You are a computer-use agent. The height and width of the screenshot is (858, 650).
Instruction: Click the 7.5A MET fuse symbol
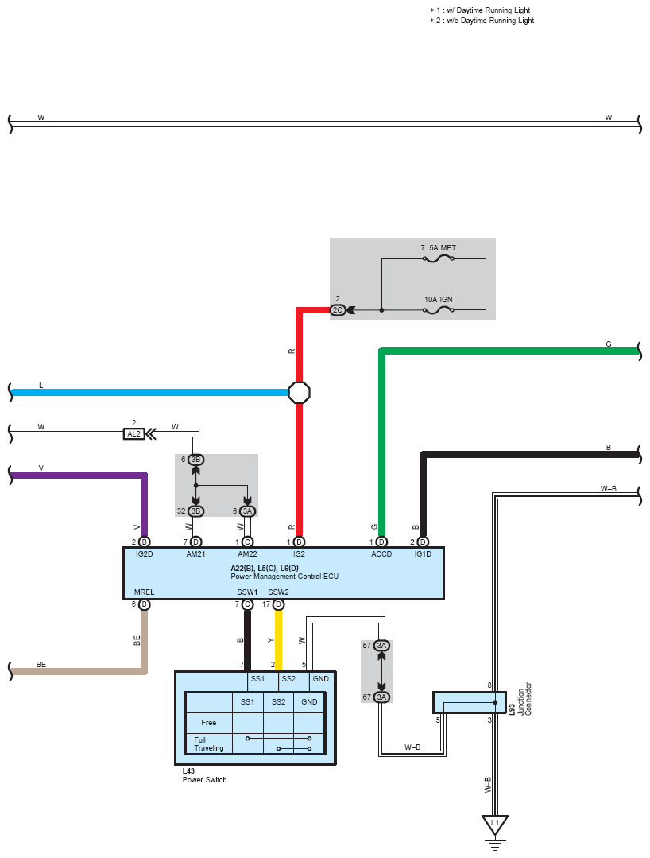(439, 258)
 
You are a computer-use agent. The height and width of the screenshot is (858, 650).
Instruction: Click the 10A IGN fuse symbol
(439, 309)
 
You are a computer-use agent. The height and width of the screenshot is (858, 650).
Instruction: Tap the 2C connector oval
(338, 309)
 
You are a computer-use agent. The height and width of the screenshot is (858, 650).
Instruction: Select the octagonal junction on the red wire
(299, 392)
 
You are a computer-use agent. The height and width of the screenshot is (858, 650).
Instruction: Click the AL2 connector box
(134, 434)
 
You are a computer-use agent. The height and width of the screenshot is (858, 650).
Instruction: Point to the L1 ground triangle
(495, 825)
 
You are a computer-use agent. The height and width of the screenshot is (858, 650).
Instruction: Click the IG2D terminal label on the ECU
(145, 553)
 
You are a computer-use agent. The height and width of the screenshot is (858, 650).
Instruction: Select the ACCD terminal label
(381, 553)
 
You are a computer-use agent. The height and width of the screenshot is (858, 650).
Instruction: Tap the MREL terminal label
(145, 592)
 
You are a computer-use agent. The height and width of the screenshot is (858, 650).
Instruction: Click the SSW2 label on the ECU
(278, 592)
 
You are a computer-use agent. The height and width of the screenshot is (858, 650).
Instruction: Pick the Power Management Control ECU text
(284, 577)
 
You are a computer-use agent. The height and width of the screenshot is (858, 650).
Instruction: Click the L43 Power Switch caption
(204, 775)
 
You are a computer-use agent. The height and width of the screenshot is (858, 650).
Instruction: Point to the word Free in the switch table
(209, 722)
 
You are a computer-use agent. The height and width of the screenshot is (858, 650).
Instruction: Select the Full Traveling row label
(209, 743)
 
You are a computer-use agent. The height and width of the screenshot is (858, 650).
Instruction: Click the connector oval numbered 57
(381, 646)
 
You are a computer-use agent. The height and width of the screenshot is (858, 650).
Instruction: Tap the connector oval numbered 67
(381, 697)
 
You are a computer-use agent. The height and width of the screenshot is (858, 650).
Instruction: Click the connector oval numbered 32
(195, 511)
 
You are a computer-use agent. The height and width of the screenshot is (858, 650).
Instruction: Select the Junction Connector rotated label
(524, 699)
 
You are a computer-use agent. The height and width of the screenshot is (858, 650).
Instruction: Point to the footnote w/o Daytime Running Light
(482, 20)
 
